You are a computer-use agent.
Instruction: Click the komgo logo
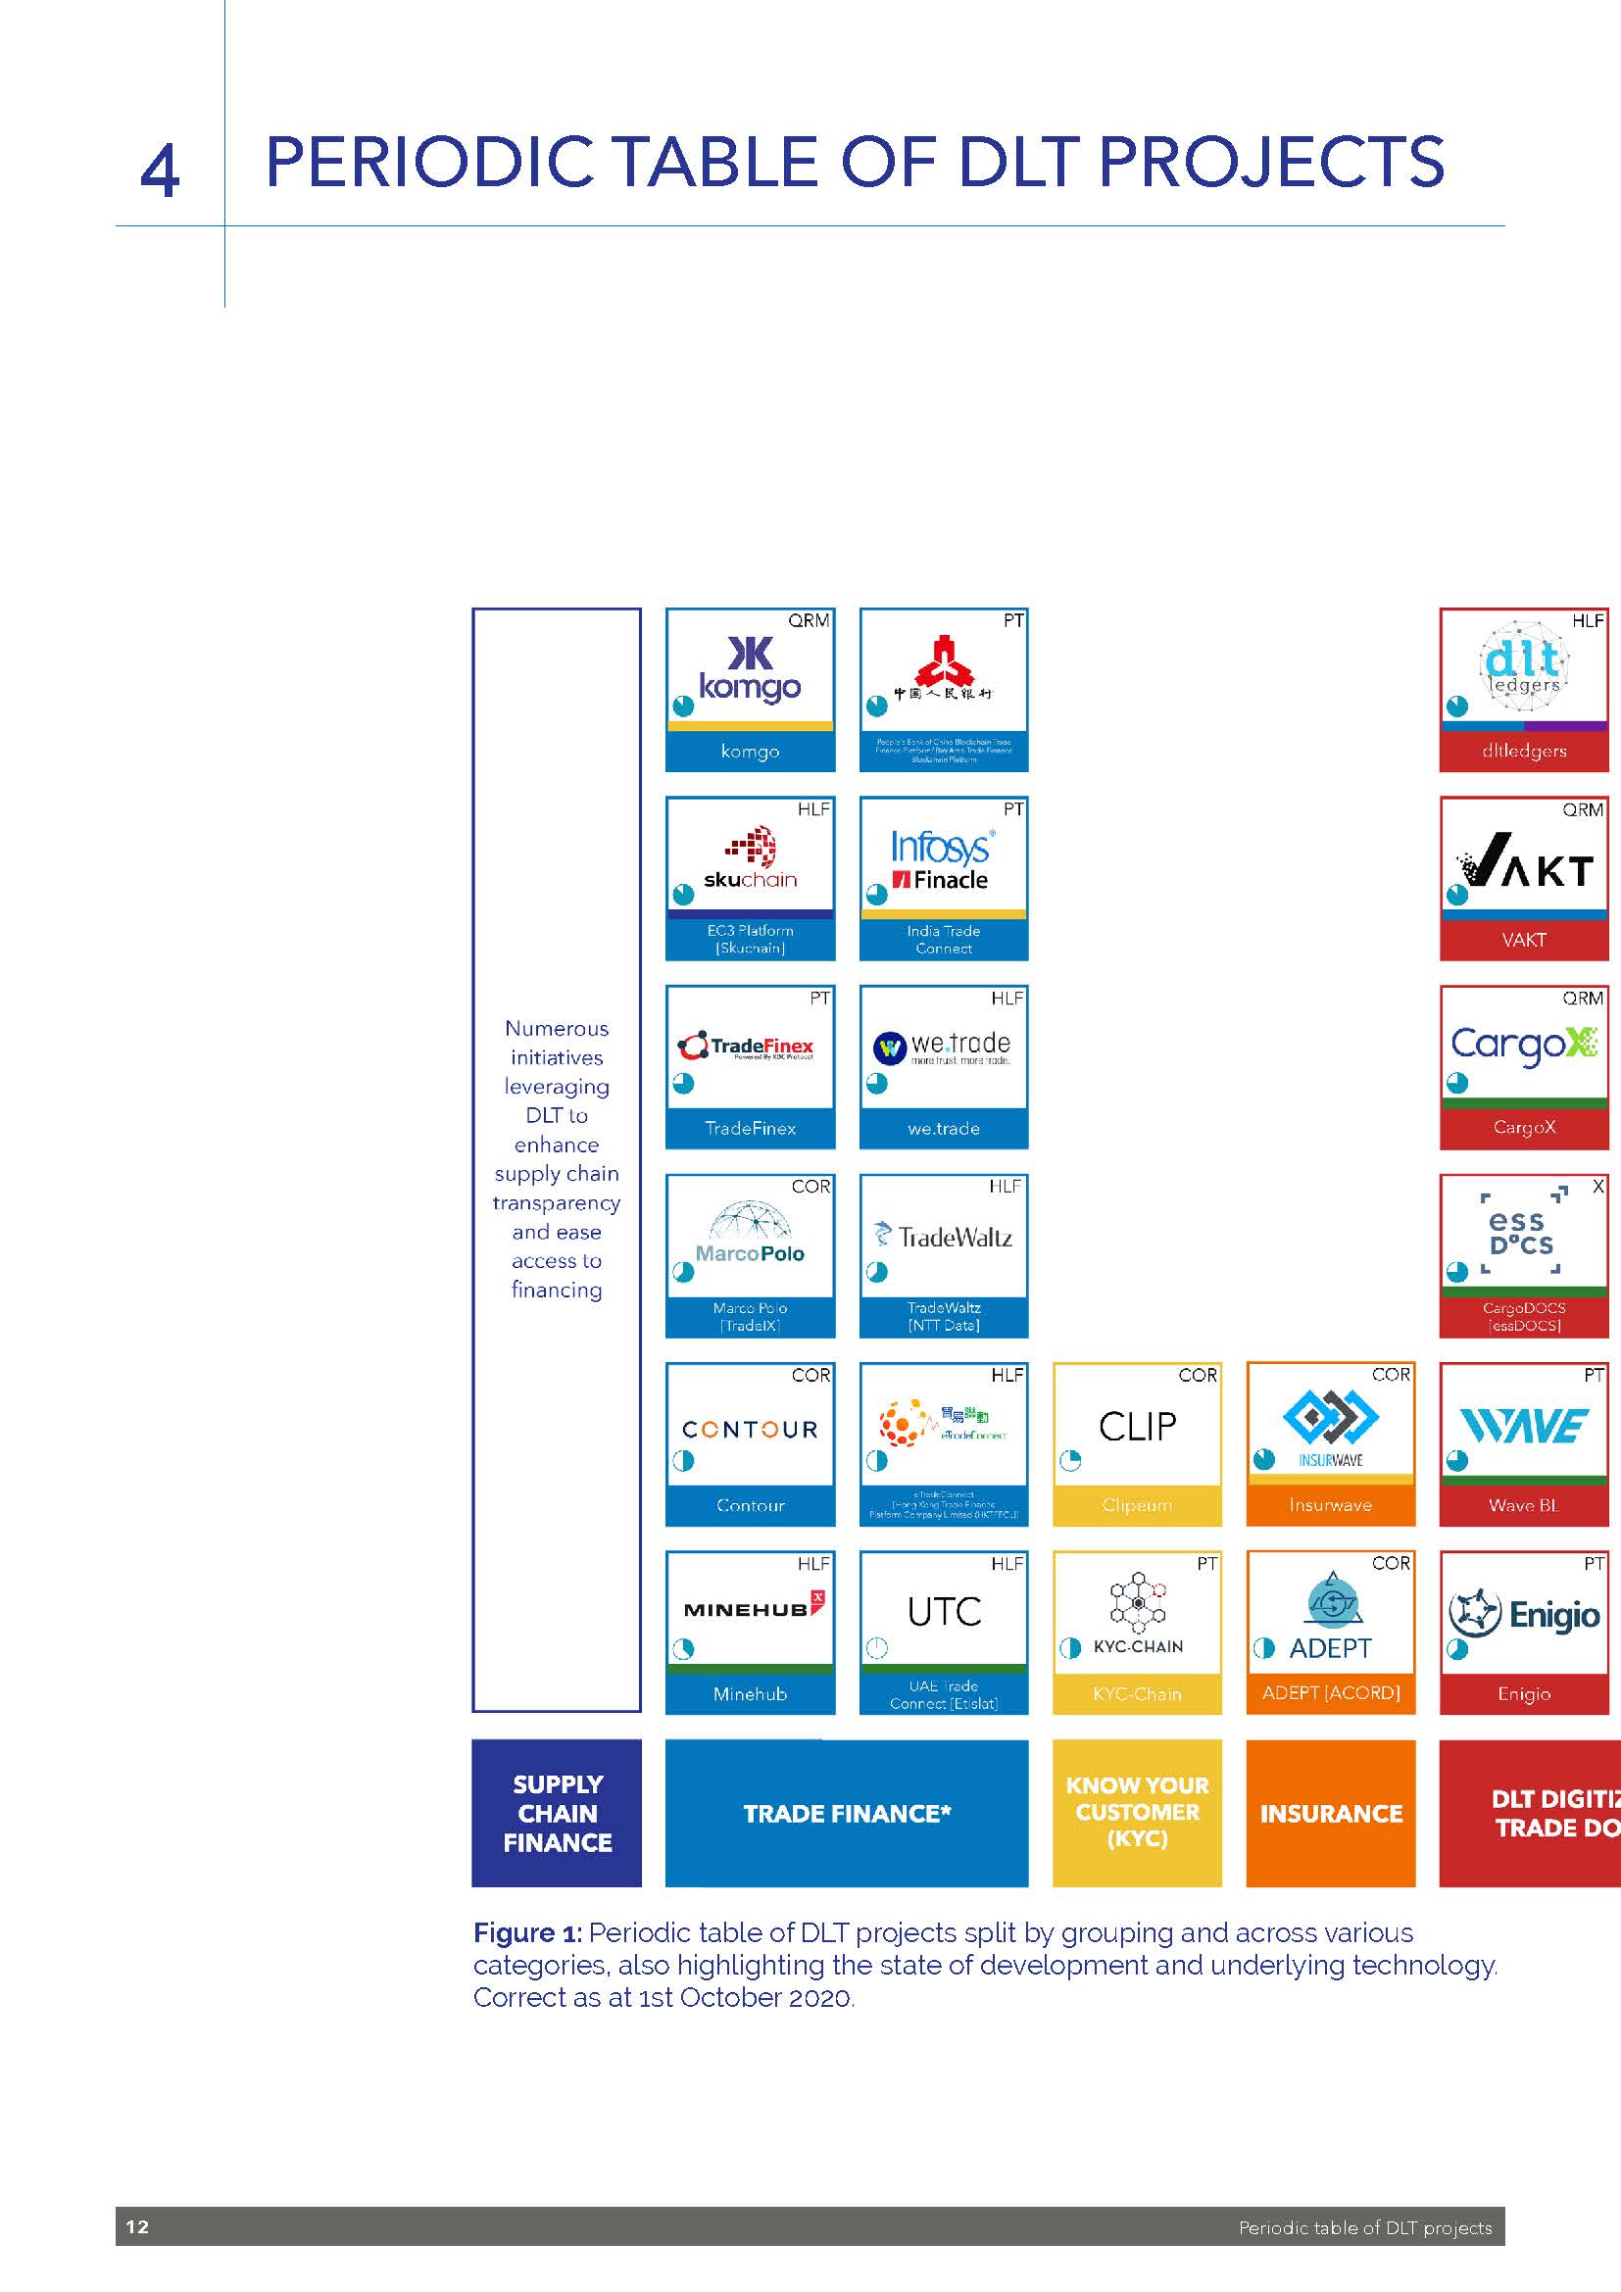(x=750, y=670)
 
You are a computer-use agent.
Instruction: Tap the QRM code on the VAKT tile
(x=1582, y=809)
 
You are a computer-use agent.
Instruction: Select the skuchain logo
(x=751, y=857)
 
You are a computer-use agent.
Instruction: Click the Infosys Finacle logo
(x=942, y=859)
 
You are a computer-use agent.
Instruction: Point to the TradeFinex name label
(x=750, y=1128)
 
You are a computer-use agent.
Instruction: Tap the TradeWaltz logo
(x=943, y=1237)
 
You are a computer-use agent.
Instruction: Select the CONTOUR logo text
(x=750, y=1430)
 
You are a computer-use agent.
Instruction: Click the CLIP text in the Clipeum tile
(x=1137, y=1427)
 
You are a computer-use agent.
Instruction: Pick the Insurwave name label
(x=1330, y=1505)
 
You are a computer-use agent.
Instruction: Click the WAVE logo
(x=1523, y=1426)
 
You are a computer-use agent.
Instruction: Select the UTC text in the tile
(x=943, y=1611)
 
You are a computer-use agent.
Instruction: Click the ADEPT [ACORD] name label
(x=1331, y=1693)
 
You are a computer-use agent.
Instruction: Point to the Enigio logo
(x=1523, y=1614)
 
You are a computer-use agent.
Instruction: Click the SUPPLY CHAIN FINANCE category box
(x=556, y=1813)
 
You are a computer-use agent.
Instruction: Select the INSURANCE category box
(x=1331, y=1813)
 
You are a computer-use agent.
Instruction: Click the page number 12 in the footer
(x=138, y=2226)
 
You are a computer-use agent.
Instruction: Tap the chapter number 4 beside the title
(x=160, y=170)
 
